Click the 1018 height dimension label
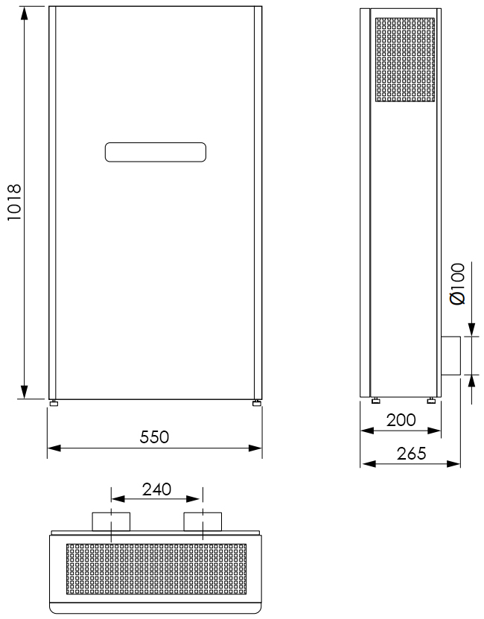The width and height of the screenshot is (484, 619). tap(14, 202)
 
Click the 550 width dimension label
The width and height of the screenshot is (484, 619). tap(154, 437)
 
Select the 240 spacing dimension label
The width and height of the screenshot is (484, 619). tap(156, 489)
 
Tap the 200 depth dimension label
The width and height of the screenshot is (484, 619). tap(401, 420)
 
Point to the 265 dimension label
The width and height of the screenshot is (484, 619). tap(411, 454)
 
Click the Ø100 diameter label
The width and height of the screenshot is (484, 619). tap(458, 284)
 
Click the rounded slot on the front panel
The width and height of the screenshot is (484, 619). tap(156, 153)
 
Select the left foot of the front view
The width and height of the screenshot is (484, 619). tap(54, 403)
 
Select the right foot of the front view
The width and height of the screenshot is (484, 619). tap(257, 403)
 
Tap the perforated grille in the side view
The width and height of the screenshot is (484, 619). tap(405, 60)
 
